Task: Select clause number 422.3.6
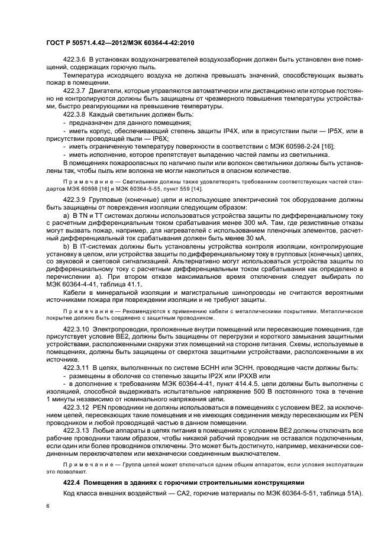tap(75, 61)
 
